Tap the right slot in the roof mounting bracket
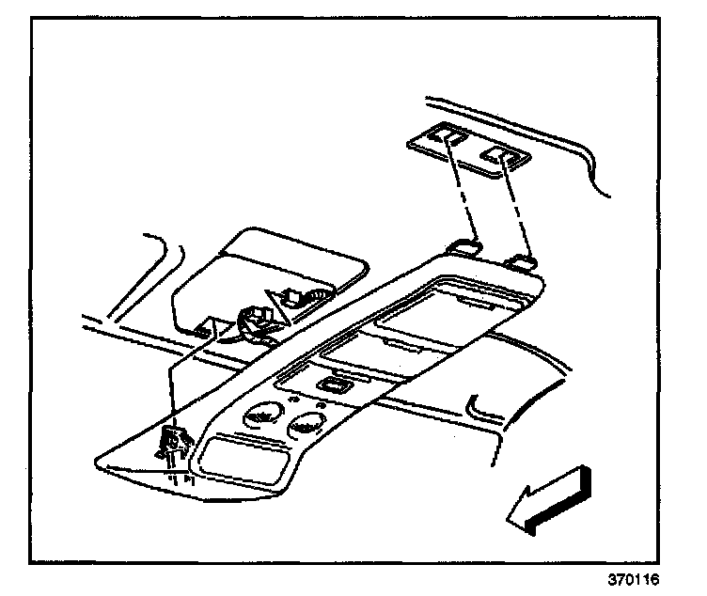[496, 154]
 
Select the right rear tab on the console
[520, 262]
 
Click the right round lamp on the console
[303, 428]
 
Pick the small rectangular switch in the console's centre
[332, 384]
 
